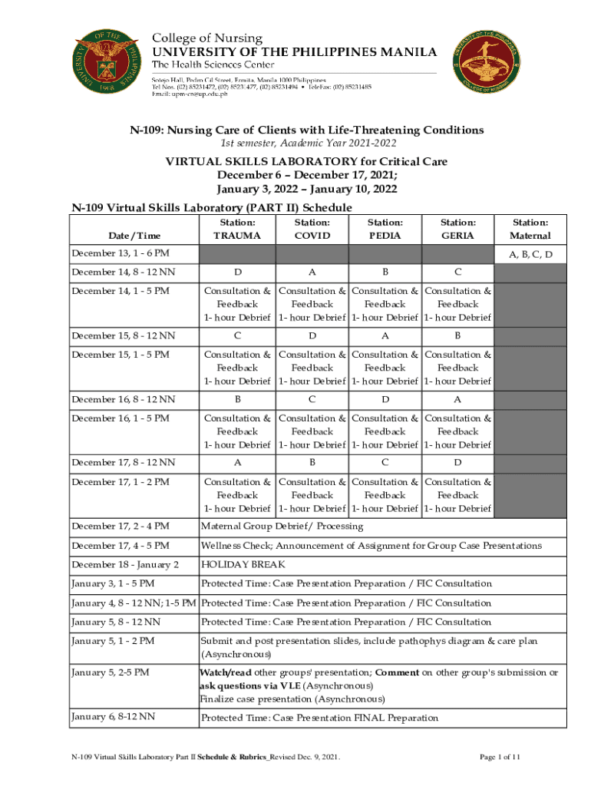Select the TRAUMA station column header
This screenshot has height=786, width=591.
[236, 230]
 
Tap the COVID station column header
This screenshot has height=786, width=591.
[312, 230]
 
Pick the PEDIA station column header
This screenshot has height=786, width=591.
[385, 230]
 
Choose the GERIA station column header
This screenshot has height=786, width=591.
[457, 230]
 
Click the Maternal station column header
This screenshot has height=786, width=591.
[530, 230]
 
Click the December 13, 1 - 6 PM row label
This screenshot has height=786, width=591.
[121, 253]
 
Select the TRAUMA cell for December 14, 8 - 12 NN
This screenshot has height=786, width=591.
[236, 272]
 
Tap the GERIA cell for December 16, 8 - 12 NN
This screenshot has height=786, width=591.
[457, 400]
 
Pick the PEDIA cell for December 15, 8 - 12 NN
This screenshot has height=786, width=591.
[385, 336]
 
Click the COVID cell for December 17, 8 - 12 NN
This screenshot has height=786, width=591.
[312, 463]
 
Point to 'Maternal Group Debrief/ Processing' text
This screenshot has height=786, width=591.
[282, 527]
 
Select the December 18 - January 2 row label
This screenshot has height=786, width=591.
[124, 565]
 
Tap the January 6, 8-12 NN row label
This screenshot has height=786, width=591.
[113, 717]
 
